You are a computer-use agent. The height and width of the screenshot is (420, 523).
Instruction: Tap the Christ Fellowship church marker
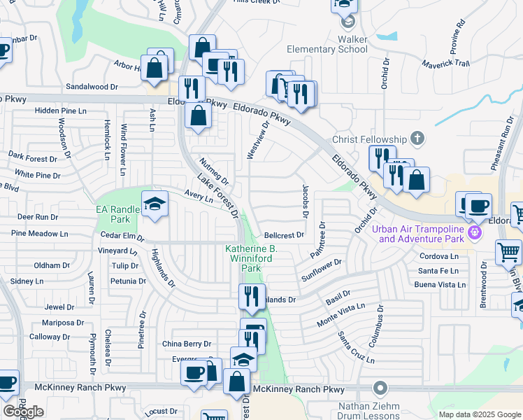tap(418, 137)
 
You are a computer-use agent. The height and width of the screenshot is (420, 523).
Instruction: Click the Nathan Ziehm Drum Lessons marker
tap(380, 387)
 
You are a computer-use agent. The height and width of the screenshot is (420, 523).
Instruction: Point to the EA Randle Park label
tap(117, 214)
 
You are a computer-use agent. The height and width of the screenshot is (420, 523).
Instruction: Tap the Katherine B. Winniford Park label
tap(251, 258)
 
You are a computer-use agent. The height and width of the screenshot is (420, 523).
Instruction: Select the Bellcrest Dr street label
tap(284, 235)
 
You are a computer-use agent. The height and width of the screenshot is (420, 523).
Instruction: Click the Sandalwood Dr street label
tap(92, 87)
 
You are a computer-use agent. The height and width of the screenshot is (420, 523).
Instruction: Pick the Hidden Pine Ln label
tap(61, 111)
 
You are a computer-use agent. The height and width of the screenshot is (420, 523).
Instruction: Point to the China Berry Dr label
tap(186, 344)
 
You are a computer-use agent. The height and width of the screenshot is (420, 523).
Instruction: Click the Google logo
tap(23, 412)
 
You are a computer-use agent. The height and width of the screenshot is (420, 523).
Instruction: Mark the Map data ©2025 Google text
tap(479, 414)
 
